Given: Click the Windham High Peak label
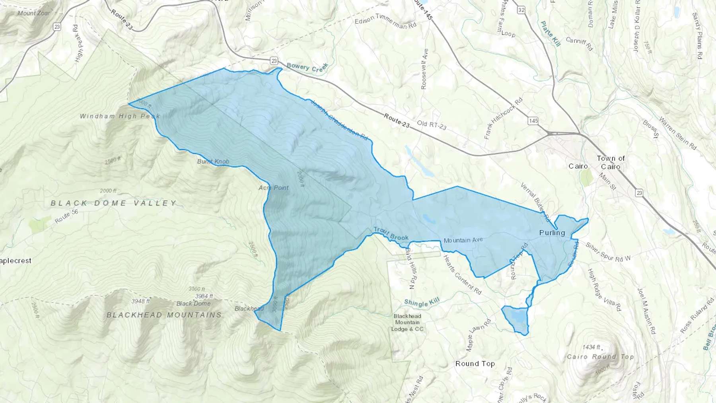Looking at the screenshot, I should (x=120, y=116).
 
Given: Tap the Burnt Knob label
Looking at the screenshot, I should (x=213, y=162).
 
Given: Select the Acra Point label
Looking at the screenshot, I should (x=274, y=187).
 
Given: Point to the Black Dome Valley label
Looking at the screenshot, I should (x=114, y=203).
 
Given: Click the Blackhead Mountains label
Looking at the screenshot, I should (x=164, y=315).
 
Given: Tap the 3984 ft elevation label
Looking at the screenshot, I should (x=204, y=296).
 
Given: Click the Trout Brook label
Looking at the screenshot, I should (x=391, y=234).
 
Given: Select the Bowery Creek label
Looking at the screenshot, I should (x=307, y=67).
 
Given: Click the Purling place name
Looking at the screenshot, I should (x=552, y=233).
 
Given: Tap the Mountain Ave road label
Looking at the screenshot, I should (x=463, y=240).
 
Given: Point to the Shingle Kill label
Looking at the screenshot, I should (x=422, y=303).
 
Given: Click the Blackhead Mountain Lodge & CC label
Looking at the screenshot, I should (x=407, y=323).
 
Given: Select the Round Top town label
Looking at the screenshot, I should (x=475, y=364).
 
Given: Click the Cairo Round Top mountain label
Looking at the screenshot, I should (x=600, y=356).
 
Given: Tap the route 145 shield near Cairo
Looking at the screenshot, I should (x=533, y=121).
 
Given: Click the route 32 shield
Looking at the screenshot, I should (x=521, y=10).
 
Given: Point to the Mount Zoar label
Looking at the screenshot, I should (x=34, y=13).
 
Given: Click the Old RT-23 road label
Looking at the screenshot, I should (x=432, y=125).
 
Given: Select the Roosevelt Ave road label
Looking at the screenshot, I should (x=424, y=69).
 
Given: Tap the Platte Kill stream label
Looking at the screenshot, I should (x=551, y=34).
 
